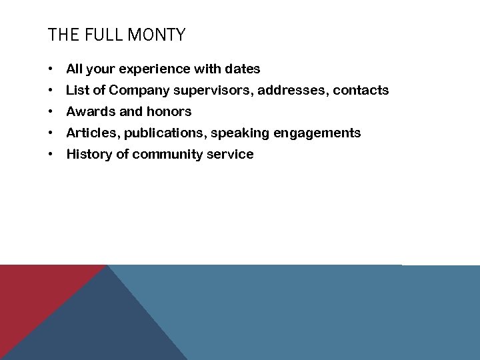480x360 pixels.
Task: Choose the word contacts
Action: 361,90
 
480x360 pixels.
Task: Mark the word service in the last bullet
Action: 233,154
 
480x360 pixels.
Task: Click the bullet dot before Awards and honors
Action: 51,112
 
